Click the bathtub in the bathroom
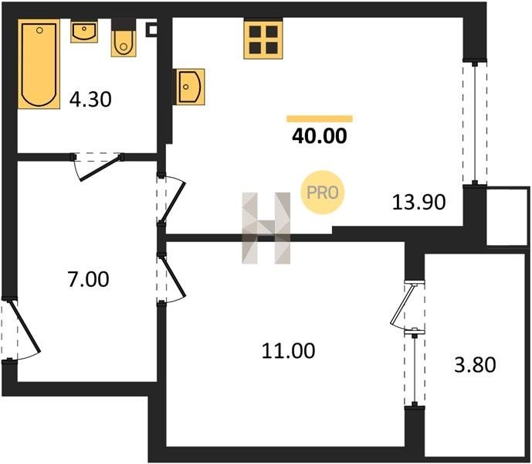pyautogui.click(x=39, y=64)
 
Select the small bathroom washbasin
pyautogui.click(x=84, y=31)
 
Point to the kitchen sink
pyautogui.click(x=188, y=87)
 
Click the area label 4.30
pyautogui.click(x=90, y=100)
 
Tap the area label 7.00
pyautogui.click(x=89, y=279)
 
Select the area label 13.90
pyautogui.click(x=418, y=203)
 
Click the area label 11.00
pyautogui.click(x=289, y=351)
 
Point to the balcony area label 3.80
pyautogui.click(x=475, y=364)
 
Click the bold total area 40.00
pyautogui.click(x=320, y=136)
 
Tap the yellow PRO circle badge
pyautogui.click(x=322, y=193)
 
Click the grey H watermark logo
pyautogui.click(x=266, y=228)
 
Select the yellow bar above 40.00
pyautogui.click(x=320, y=118)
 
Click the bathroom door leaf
pyautogui.click(x=100, y=168)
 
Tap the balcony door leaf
pyautogui.click(x=402, y=304)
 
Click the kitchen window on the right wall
pyautogui.click(x=475, y=123)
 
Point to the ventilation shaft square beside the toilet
pyautogui.click(x=151, y=30)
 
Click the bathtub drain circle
pyautogui.click(x=39, y=30)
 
